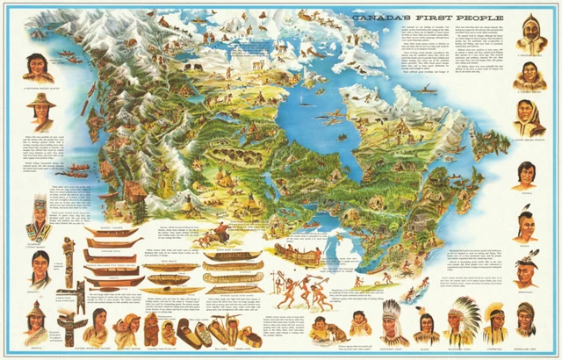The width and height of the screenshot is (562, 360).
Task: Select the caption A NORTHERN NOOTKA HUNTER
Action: (x=35, y=89)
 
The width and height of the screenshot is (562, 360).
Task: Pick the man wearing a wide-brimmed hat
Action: (x=36, y=112)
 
